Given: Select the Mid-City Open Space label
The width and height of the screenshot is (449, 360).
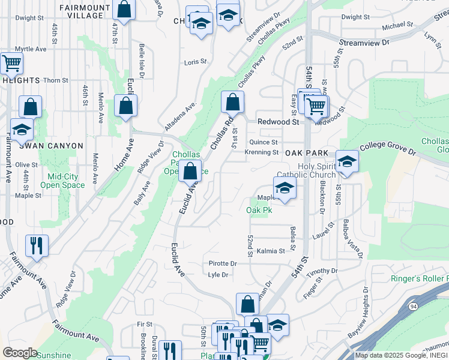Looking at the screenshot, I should [63, 181].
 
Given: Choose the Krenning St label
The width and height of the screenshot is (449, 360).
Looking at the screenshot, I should [261, 152].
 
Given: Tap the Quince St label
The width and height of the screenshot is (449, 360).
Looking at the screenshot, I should [263, 142].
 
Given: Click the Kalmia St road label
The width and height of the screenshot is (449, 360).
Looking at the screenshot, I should [270, 251].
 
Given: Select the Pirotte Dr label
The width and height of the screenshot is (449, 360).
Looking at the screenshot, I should [223, 263].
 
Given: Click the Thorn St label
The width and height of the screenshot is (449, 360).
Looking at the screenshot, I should [55, 80].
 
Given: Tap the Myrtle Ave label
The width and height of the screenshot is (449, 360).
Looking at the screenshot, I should [31, 49].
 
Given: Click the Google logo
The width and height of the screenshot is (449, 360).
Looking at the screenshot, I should [20, 353].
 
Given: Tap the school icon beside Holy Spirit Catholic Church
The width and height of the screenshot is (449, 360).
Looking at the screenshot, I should [347, 161].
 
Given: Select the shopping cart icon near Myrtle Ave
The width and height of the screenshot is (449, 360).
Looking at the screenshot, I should [11, 62].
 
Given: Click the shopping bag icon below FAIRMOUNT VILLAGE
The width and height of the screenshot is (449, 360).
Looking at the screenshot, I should [124, 10].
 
